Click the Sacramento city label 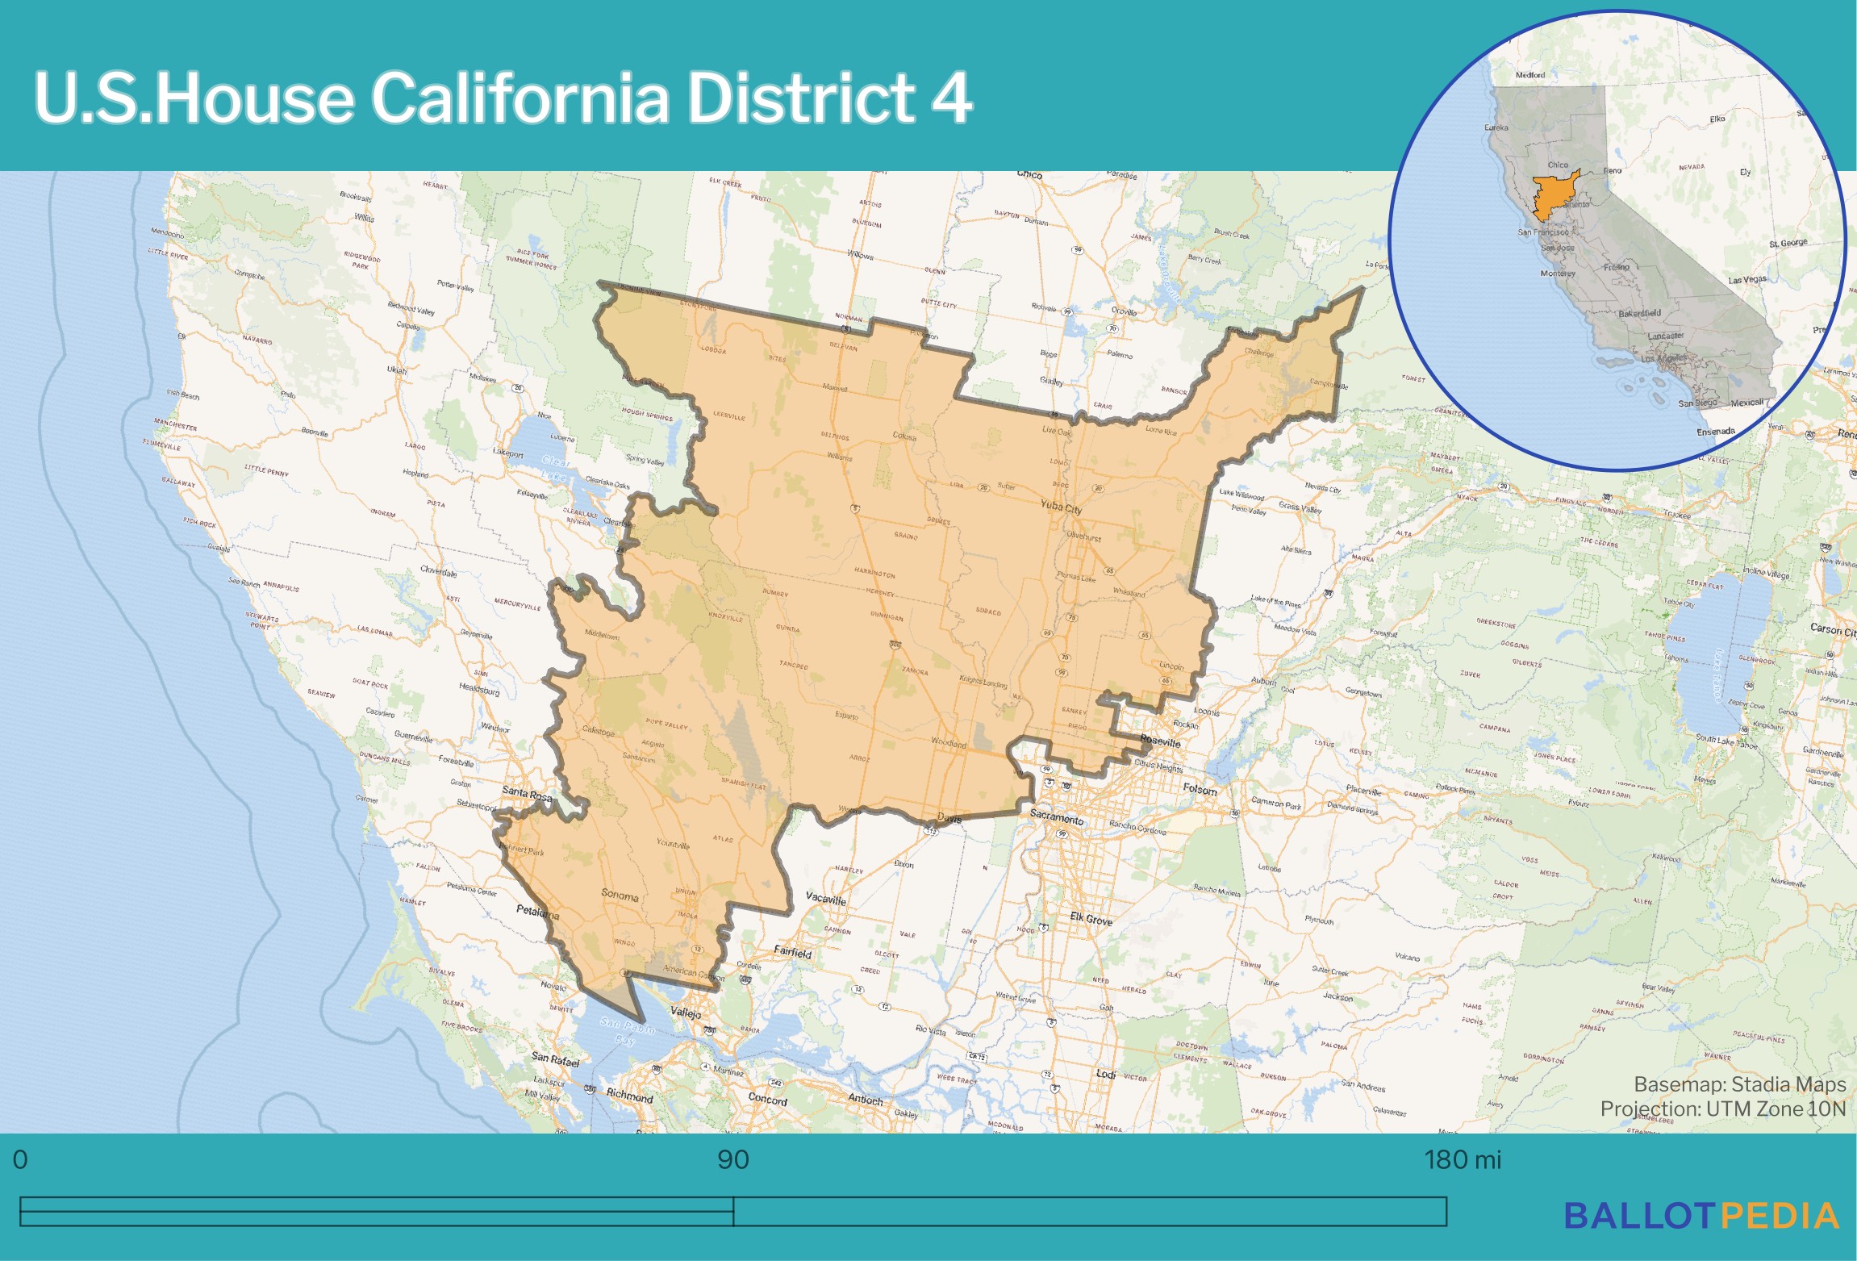[1056, 818]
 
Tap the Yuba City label [1061, 507]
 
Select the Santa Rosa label [527, 793]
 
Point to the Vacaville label [826, 899]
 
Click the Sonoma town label [620, 896]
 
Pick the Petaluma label [537, 912]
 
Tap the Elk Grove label [1091, 919]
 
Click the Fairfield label [792, 952]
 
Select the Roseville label [1160, 741]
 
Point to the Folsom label [1200, 789]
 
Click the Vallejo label [686, 1013]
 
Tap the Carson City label [1832, 629]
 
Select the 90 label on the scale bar [732, 1160]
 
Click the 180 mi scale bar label [1462, 1160]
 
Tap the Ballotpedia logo [1701, 1216]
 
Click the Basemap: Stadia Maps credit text [1739, 1084]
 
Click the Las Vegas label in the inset [1746, 280]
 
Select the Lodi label [1105, 1074]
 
